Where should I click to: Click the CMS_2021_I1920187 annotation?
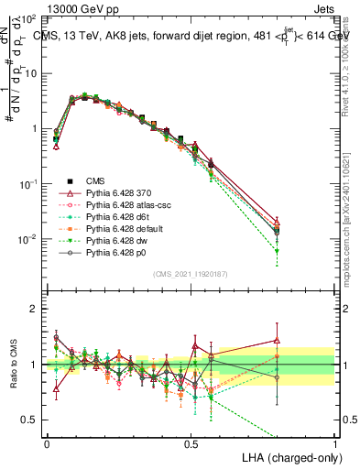tap(191, 275)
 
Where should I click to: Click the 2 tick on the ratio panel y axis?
tap(35, 309)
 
